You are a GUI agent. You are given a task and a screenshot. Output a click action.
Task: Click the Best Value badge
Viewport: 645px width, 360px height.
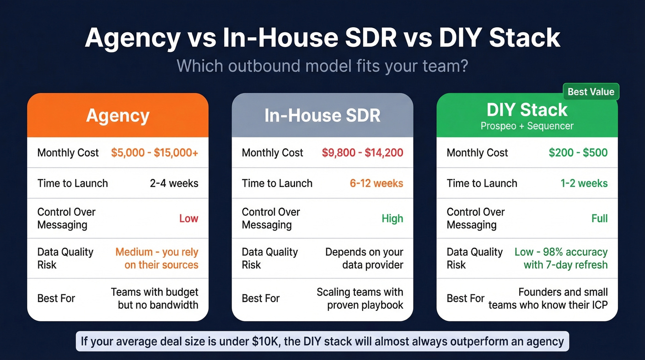pos(591,92)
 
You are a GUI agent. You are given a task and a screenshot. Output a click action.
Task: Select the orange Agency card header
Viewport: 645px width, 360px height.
pos(118,115)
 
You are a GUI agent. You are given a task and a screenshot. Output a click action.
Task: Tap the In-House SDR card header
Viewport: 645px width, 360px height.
pos(322,115)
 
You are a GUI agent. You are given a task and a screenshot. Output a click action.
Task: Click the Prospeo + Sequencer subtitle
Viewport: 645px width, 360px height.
pos(527,126)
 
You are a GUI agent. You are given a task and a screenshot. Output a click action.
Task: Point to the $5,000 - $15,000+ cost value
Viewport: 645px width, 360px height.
pos(154,153)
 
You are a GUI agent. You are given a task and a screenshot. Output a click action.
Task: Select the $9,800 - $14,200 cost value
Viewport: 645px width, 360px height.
pos(362,153)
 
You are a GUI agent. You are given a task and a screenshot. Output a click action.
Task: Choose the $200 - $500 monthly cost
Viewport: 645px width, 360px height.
pos(578,153)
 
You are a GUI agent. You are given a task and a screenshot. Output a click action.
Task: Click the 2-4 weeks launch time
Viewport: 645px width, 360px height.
pos(174,183)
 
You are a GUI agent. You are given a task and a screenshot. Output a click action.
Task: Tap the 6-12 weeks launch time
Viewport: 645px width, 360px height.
pos(376,183)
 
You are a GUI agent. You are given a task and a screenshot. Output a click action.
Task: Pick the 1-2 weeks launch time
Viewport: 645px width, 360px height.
pos(584,183)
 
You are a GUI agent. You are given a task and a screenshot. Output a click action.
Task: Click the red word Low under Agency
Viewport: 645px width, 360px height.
pos(188,218)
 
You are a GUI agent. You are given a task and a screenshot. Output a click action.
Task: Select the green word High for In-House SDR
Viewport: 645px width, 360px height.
pos(392,218)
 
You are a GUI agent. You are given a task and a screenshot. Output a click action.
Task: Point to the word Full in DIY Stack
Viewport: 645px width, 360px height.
pos(599,218)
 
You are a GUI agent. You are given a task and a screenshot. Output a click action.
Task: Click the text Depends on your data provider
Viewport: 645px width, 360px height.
pos(364,259)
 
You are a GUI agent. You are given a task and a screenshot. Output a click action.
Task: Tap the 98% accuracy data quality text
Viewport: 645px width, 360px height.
pos(561,259)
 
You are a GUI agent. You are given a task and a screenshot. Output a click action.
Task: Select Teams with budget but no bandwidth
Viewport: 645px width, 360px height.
pos(154,298)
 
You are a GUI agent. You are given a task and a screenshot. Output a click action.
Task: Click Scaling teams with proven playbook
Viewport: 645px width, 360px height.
pos(360,298)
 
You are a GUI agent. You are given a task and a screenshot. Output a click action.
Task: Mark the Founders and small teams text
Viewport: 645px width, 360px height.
pos(548,298)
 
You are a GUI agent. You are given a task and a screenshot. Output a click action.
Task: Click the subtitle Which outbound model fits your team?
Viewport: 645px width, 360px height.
pos(322,65)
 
